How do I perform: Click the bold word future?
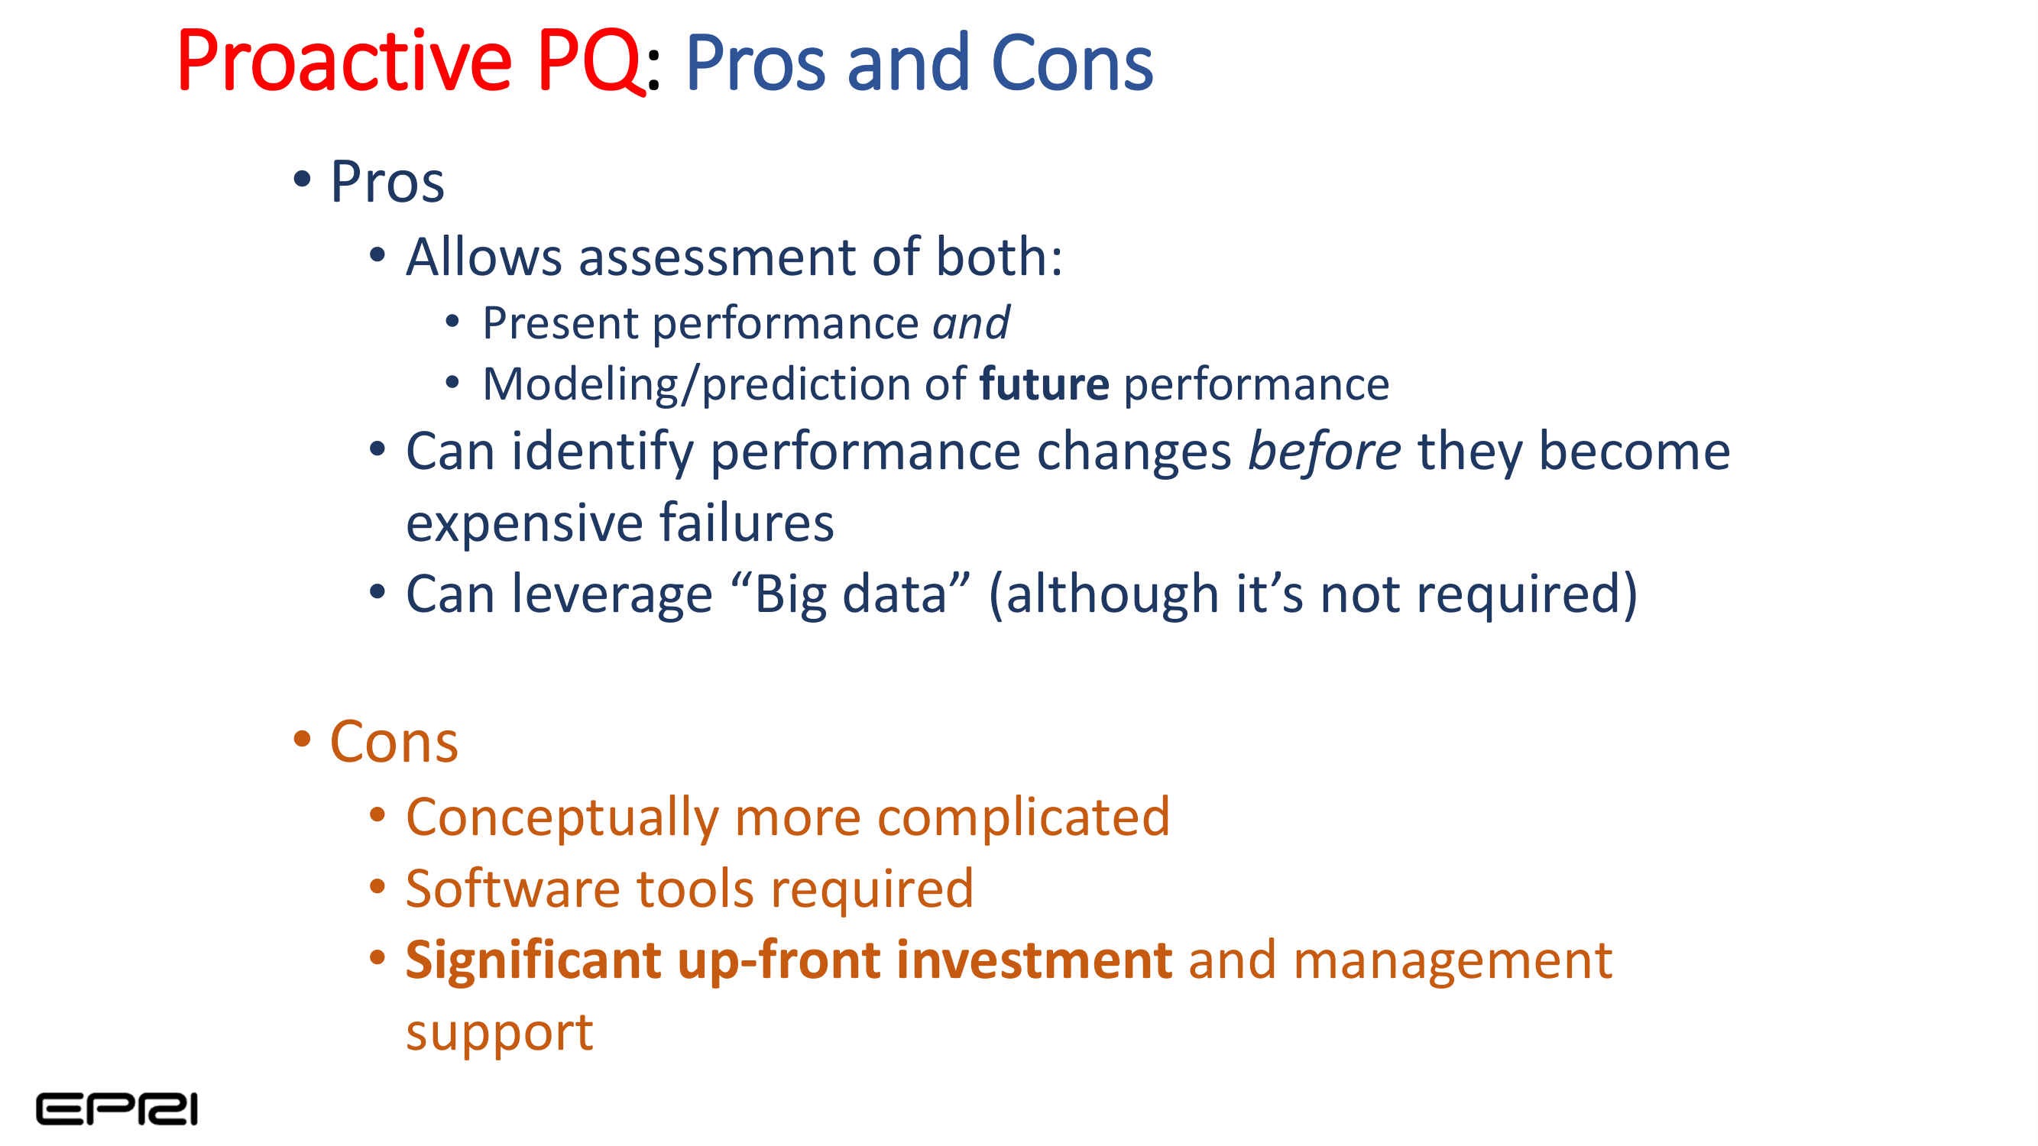1044,384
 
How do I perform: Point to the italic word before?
1324,452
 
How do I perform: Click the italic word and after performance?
970,323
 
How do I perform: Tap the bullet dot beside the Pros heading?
301,179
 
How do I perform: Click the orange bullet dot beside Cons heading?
301,740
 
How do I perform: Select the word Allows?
484,257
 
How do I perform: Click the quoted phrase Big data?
851,594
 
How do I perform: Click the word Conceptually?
562,817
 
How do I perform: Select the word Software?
513,889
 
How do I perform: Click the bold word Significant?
533,960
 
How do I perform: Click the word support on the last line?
499,1032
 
